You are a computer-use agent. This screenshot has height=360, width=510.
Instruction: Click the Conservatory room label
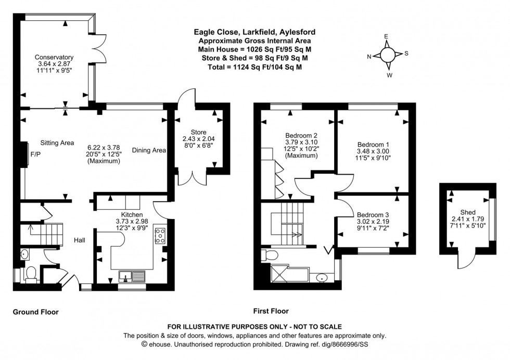click(54, 57)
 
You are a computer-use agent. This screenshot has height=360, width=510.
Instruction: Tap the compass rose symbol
click(388, 54)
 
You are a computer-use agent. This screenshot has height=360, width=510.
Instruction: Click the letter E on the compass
click(387, 36)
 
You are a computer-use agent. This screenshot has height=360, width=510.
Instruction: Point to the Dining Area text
click(149, 150)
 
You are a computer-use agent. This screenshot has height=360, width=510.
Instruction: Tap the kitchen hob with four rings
click(160, 236)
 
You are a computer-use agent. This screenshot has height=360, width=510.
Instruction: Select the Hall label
click(79, 240)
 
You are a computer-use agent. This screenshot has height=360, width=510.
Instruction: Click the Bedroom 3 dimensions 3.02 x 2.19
click(373, 222)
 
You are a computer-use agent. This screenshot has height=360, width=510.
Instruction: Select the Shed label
click(468, 212)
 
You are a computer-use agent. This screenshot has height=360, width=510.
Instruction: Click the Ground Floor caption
click(35, 312)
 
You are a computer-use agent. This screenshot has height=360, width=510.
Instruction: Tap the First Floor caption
click(271, 311)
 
